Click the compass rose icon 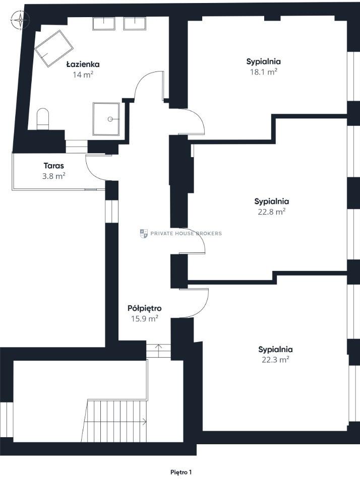[x=20, y=21]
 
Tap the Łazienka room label [x=83, y=64]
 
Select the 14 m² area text [x=83, y=75]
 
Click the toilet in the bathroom [x=43, y=119]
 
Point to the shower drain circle [x=110, y=119]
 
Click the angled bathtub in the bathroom [x=53, y=48]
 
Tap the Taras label [x=54, y=166]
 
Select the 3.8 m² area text [x=54, y=176]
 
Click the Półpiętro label [x=144, y=308]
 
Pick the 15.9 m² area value [x=144, y=319]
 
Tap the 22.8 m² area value [x=272, y=212]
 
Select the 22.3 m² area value [x=275, y=360]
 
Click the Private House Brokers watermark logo [x=144, y=233]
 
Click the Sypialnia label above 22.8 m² [x=272, y=201]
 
